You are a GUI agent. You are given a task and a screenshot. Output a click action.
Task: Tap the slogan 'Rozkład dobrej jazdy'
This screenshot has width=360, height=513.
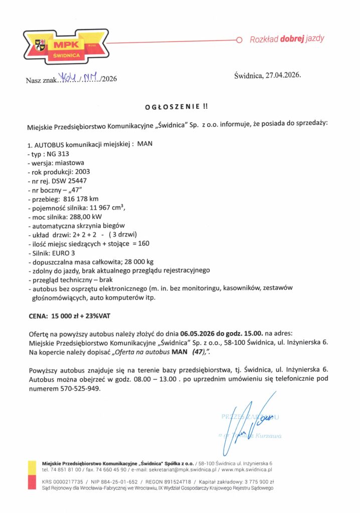point(287,39)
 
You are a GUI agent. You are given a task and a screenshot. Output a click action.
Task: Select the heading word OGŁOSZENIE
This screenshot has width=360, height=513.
point(167,106)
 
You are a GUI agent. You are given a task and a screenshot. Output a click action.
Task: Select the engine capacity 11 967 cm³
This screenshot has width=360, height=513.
point(106,208)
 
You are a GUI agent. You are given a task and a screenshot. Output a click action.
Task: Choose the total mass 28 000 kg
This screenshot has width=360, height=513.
point(147,262)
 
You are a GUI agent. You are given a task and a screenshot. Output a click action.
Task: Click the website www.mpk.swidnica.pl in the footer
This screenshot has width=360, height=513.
point(247,470)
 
